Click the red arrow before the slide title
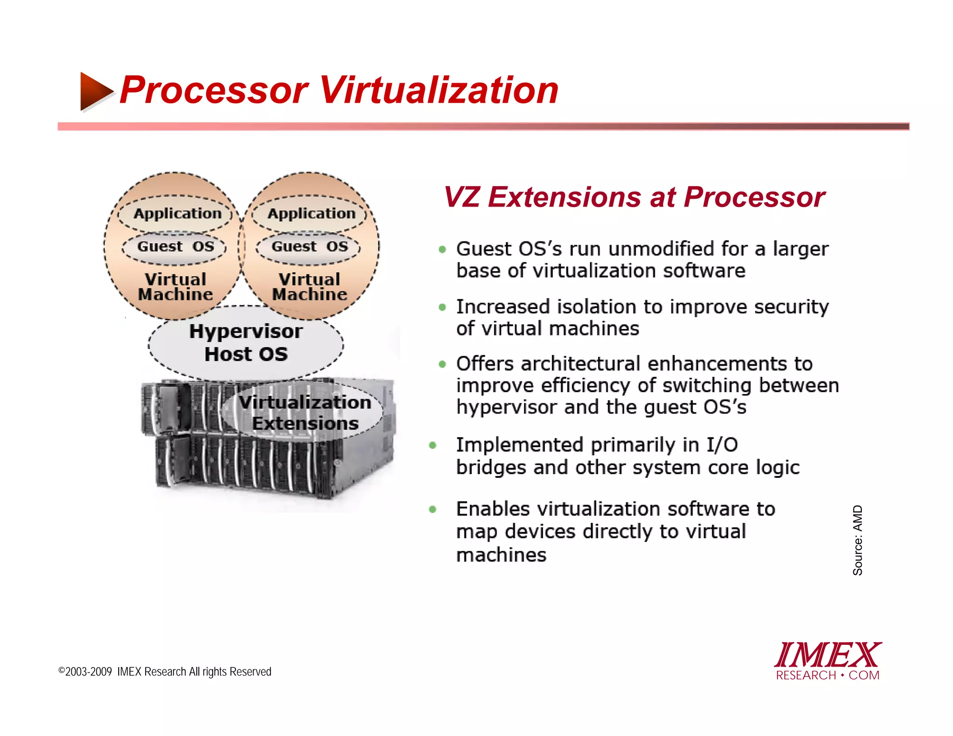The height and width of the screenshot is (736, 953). tap(96, 91)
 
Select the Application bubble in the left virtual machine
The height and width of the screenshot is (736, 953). tap(177, 214)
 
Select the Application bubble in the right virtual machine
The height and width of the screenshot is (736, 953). tap(311, 214)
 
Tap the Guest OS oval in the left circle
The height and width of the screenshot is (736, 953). tap(175, 246)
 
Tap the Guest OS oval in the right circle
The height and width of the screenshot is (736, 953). tap(309, 246)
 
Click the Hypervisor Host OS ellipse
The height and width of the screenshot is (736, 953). tap(246, 342)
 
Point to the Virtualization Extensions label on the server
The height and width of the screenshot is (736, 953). tap(305, 413)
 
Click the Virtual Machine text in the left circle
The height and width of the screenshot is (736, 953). tap(175, 287)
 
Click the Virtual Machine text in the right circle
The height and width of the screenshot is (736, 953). tap(309, 287)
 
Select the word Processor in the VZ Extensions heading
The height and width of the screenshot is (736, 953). tap(754, 197)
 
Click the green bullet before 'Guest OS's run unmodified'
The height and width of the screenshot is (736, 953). tap(443, 250)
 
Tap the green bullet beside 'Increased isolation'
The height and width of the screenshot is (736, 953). tap(443, 308)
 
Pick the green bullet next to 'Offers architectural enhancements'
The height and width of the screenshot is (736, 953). tap(443, 364)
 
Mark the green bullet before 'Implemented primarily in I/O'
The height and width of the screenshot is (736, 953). tap(433, 446)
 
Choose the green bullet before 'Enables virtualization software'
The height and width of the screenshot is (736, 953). tap(433, 509)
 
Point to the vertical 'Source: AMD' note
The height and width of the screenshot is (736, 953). tap(858, 540)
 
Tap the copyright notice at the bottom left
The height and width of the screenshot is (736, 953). tap(165, 672)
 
